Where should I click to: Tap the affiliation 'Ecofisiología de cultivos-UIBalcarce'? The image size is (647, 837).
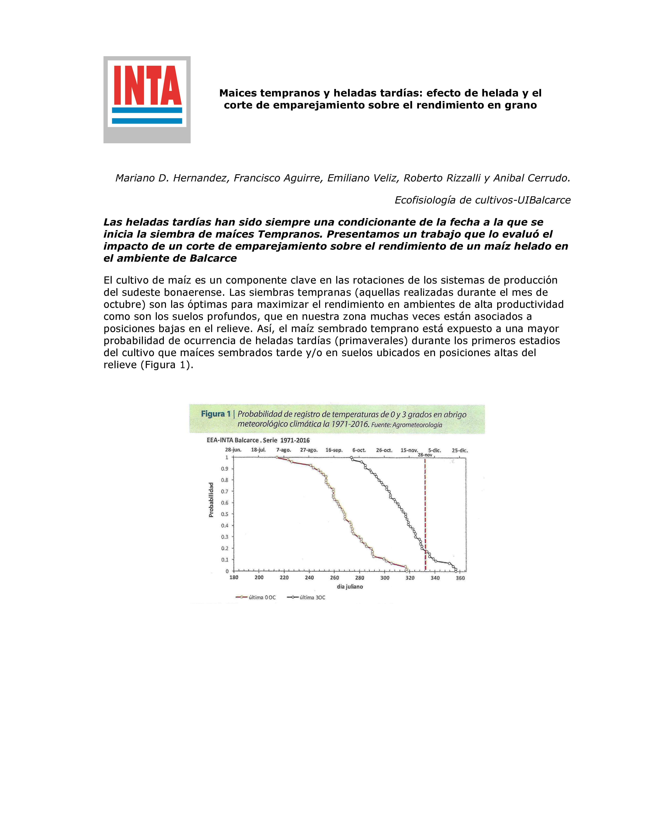coord(483,200)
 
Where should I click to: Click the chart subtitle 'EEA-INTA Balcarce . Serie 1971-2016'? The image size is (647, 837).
coord(258,440)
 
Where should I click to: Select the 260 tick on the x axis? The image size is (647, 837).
coord(334,578)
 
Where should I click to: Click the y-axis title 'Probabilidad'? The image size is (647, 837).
coord(211,500)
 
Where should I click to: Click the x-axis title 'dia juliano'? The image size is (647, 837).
coord(350,587)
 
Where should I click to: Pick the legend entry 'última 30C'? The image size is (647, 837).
coord(312,597)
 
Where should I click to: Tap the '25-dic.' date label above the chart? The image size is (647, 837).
coord(460,450)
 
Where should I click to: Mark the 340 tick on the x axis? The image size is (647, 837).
coord(435,578)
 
